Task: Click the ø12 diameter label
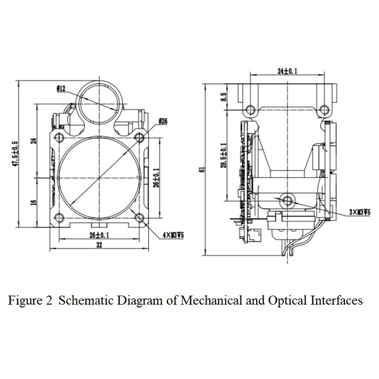click(61, 89)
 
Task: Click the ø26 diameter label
click(162, 121)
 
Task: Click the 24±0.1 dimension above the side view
click(287, 71)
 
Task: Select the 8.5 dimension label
click(224, 96)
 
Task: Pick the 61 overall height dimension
click(201, 170)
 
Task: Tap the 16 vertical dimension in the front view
click(34, 201)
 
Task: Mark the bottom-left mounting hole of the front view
click(59, 217)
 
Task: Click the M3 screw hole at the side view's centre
click(287, 200)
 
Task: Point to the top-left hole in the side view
click(247, 109)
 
